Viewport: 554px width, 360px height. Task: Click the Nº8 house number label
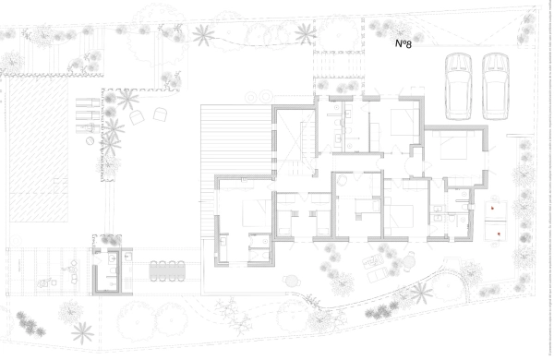403,43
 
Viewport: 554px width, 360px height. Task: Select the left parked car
459,87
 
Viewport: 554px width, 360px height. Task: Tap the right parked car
496,87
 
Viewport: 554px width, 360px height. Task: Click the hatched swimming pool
39,150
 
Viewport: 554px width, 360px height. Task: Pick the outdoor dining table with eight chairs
167,271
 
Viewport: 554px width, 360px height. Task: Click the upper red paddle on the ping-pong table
492,208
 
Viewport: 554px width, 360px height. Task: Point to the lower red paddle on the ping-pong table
499,234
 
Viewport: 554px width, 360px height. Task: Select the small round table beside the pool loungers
90,140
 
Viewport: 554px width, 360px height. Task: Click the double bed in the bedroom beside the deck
257,213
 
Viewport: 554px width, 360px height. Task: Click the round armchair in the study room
342,181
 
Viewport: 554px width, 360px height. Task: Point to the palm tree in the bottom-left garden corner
83,333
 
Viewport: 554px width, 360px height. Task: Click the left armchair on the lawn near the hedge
137,117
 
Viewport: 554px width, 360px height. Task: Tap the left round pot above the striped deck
252,96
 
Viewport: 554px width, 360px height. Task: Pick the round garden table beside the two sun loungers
409,262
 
